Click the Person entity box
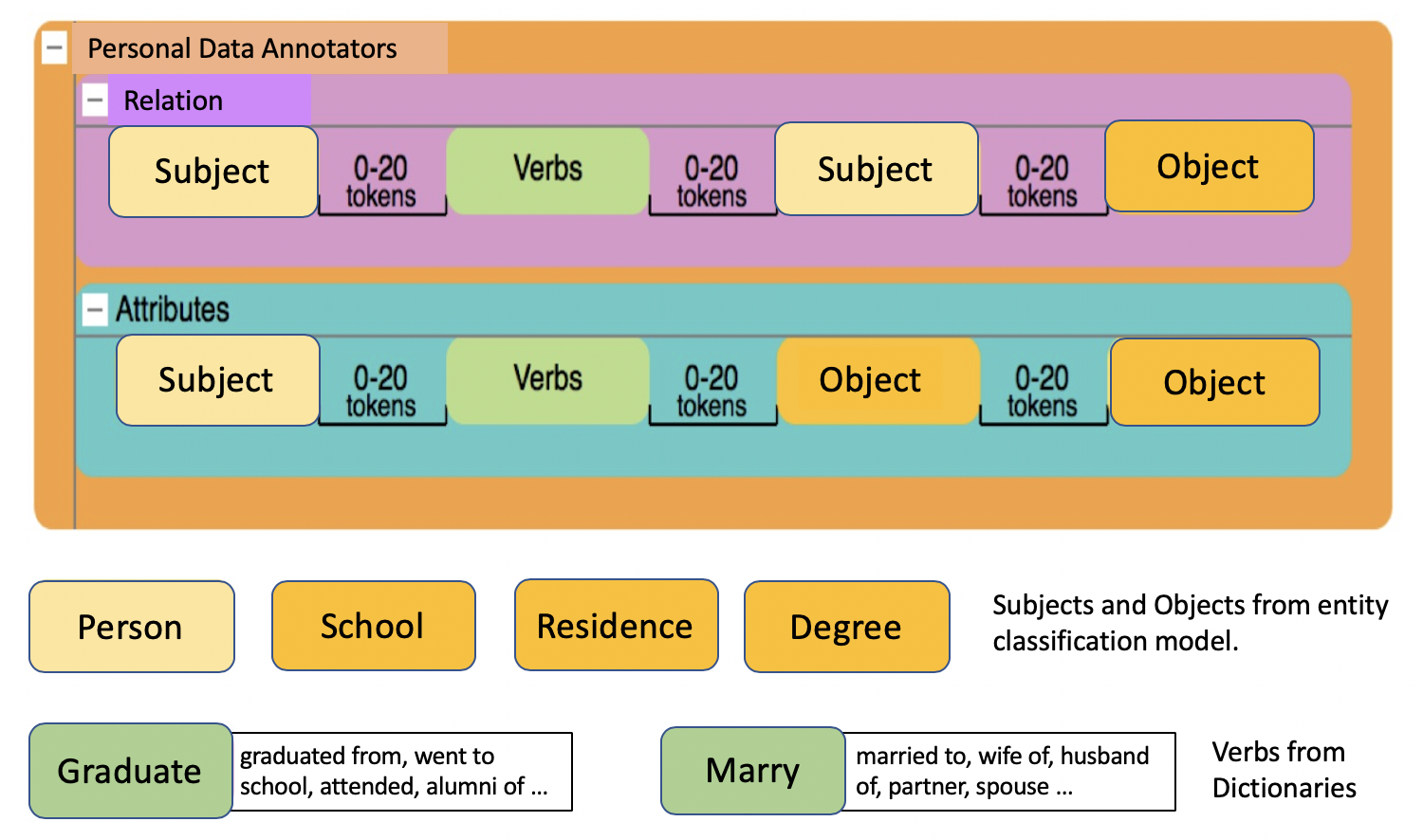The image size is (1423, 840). click(x=132, y=627)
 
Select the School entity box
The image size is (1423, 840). click(x=374, y=626)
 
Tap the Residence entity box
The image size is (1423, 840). click(x=617, y=626)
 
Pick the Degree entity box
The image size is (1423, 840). click(x=847, y=627)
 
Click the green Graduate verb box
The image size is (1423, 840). click(x=130, y=771)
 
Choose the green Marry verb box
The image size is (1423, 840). click(x=753, y=771)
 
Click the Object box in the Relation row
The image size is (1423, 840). click(x=1209, y=166)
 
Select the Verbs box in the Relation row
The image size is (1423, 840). click(x=547, y=170)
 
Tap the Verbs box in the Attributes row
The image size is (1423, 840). click(x=547, y=380)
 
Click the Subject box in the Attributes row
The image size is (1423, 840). click(x=218, y=380)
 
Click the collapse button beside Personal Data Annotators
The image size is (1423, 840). click(x=55, y=48)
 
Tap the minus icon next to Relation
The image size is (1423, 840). click(x=95, y=100)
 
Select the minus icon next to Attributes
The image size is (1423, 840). click(x=95, y=310)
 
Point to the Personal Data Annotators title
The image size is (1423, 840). click(x=242, y=48)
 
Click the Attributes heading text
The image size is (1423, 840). click(x=172, y=309)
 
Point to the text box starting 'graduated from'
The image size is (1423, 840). click(x=402, y=772)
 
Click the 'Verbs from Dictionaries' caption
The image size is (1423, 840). click(x=1284, y=770)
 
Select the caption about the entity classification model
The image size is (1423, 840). click(x=1191, y=623)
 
